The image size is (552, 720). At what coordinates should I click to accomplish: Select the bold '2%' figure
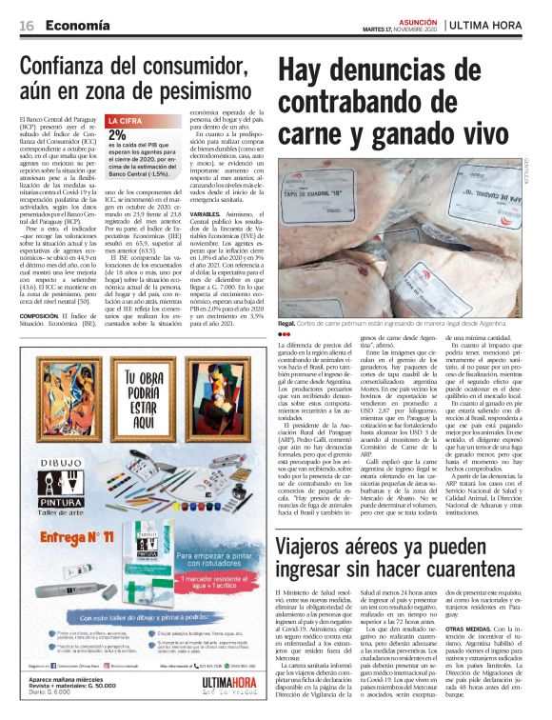tap(117, 135)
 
